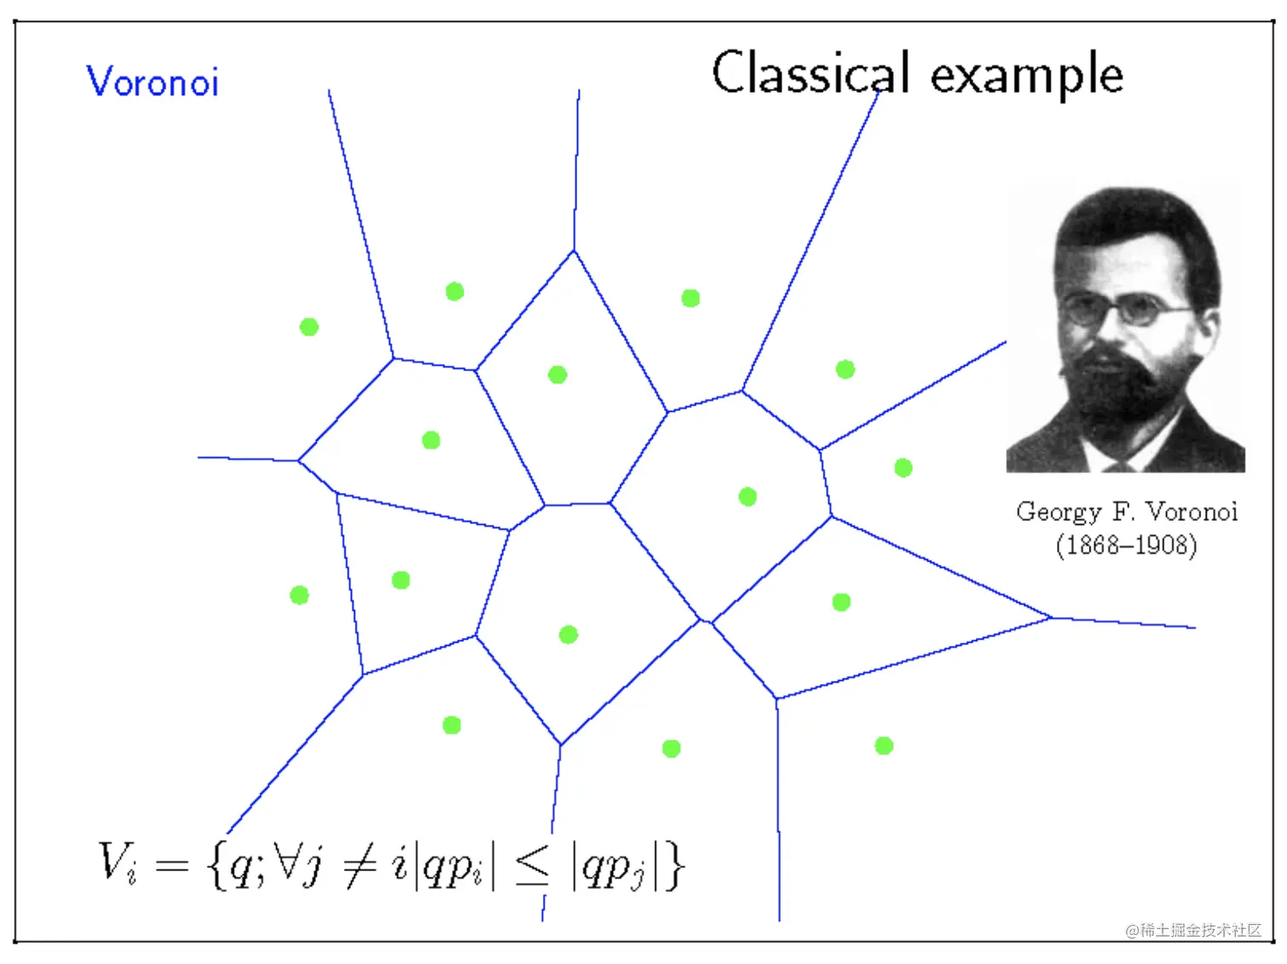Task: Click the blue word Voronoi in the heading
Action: pyautogui.click(x=152, y=82)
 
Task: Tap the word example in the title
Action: pyautogui.click(x=1027, y=77)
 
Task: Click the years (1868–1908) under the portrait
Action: pyautogui.click(x=1126, y=545)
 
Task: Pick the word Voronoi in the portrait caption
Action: pyautogui.click(x=1192, y=511)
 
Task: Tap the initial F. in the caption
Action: pyautogui.click(x=1123, y=511)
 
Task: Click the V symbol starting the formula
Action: pyautogui.click(x=115, y=861)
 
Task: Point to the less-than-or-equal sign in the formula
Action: pyautogui.click(x=533, y=866)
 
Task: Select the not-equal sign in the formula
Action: pyautogui.click(x=360, y=865)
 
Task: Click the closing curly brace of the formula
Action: pyautogui.click(x=674, y=866)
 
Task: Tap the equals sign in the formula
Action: pyautogui.click(x=171, y=866)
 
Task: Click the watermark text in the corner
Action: pyautogui.click(x=1193, y=930)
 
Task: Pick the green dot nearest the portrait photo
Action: pyautogui.click(x=903, y=468)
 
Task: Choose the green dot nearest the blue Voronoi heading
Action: pyautogui.click(x=309, y=327)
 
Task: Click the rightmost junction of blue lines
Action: pyautogui.click(x=1050, y=618)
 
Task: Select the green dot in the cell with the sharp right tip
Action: pyautogui.click(x=841, y=602)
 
